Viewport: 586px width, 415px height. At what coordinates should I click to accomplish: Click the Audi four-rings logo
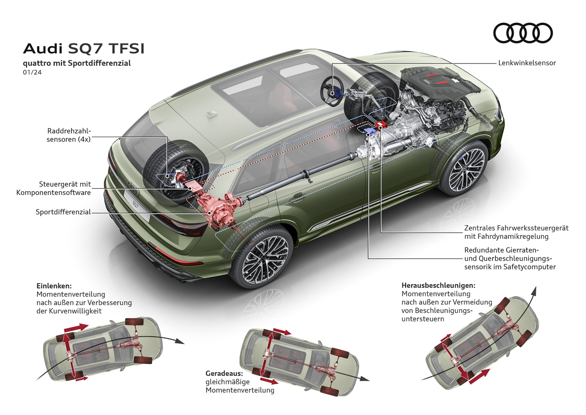coord(523,34)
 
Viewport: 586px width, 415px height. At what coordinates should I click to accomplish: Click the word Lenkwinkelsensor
coord(527,63)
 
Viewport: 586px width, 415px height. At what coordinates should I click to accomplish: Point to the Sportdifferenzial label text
coord(63,212)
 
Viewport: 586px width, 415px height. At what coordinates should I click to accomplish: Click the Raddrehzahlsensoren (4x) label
coord(69,135)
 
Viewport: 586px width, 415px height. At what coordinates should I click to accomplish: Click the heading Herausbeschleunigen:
coord(438,285)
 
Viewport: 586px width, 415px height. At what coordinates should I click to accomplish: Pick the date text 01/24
coord(30,73)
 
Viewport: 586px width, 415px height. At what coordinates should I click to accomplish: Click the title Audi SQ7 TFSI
coord(83,49)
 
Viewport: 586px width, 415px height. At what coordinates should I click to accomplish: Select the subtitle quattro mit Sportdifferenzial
coord(77,63)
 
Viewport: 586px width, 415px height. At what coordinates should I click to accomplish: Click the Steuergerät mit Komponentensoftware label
coord(54,188)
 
